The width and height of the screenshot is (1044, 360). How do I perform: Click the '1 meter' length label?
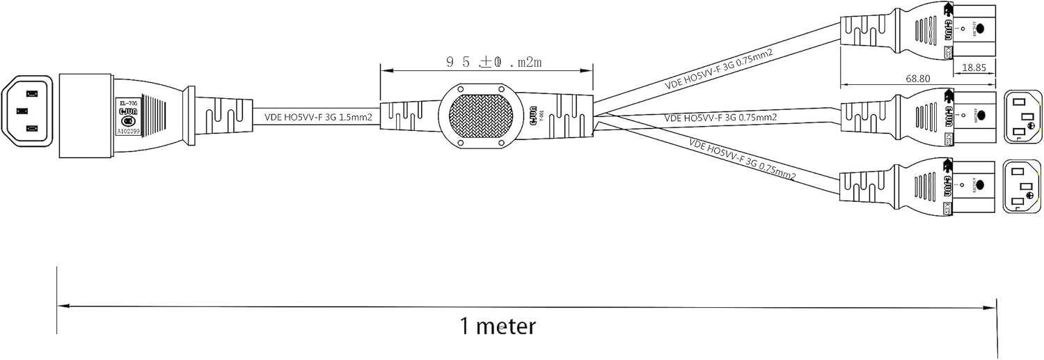point(498,326)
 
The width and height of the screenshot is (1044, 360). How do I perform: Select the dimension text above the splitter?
point(494,63)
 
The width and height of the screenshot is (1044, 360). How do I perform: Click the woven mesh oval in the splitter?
point(481,116)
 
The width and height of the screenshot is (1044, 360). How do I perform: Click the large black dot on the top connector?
point(980,29)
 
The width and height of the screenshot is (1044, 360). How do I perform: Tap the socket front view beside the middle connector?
point(1021,116)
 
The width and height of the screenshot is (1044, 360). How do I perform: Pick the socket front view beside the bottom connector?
point(1021,187)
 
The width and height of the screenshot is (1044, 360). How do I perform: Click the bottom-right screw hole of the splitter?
point(502,143)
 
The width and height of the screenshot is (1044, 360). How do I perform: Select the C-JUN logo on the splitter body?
point(534,116)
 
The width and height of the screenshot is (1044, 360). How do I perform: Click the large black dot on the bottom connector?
point(980,185)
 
